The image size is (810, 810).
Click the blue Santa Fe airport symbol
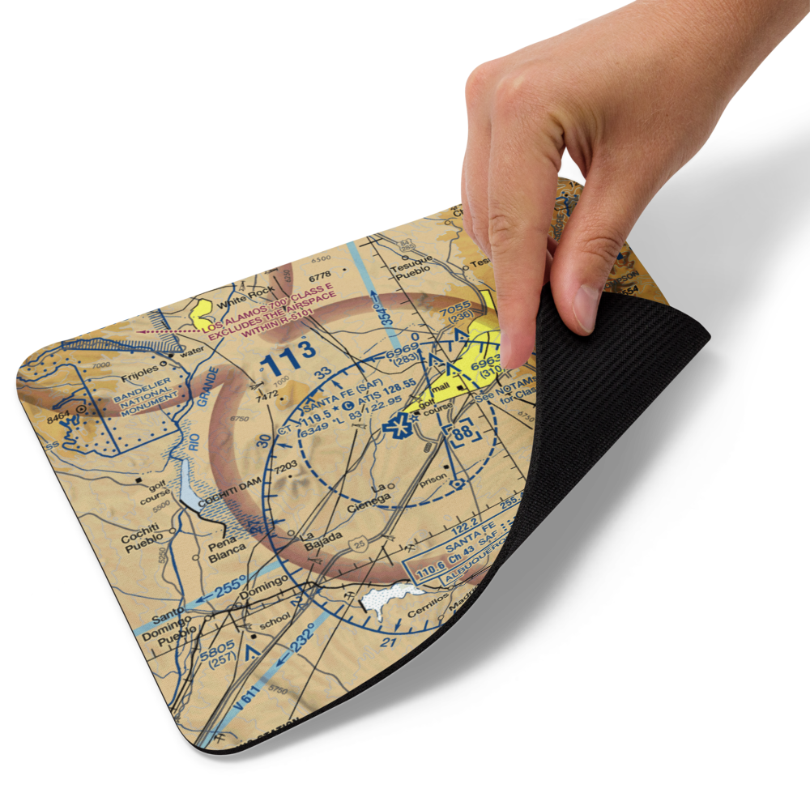tap(399, 422)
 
